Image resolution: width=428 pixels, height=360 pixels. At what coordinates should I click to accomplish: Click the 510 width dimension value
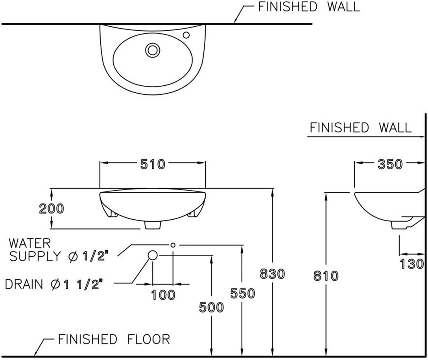153,164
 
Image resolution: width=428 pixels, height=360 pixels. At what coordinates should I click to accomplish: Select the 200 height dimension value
51,209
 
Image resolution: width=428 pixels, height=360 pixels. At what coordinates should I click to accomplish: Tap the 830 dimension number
272,274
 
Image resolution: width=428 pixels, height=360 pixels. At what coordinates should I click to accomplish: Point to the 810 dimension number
326,276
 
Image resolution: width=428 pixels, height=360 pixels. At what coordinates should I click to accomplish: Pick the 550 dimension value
243,294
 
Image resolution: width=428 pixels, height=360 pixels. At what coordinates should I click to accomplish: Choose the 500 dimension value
211,307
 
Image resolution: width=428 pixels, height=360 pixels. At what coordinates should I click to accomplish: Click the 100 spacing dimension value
163,295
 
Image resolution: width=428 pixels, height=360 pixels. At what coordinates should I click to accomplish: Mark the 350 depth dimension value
390,164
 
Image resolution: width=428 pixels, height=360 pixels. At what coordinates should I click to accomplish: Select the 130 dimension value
412,264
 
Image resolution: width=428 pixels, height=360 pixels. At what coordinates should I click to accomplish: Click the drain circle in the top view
153,50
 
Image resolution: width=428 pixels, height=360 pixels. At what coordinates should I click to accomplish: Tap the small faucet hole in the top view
186,35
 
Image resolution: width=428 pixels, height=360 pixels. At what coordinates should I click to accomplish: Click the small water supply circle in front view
173,245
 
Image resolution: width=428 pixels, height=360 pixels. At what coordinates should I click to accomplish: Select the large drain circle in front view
153,255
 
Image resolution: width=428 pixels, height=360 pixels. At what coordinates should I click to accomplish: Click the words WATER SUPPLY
35,250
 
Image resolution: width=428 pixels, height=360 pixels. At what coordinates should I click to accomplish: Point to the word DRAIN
24,284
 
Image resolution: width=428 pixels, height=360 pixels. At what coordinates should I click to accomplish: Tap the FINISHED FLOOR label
114,339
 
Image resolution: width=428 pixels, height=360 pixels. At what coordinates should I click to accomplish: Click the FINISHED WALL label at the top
309,7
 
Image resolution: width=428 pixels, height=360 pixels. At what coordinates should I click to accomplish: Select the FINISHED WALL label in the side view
361,128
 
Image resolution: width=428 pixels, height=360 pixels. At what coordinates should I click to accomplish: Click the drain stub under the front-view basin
153,225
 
